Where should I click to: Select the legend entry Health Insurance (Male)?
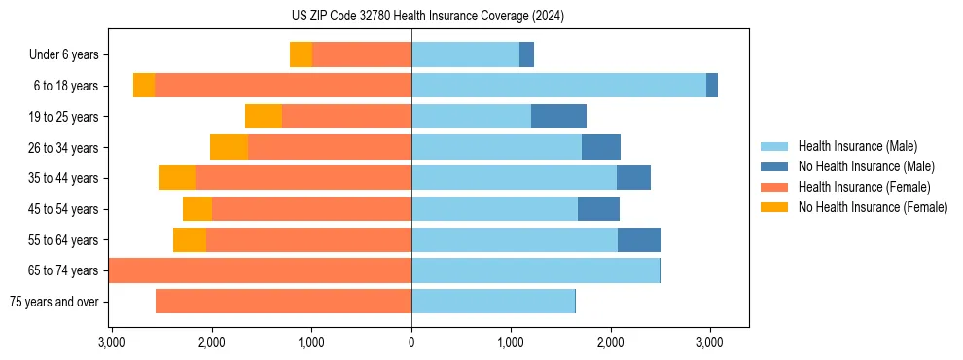[x=857, y=146]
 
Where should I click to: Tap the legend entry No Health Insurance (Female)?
[x=873, y=207]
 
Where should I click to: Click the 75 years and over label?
[x=53, y=302]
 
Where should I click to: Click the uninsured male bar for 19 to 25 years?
[x=558, y=117]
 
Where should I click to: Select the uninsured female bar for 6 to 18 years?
[x=144, y=86]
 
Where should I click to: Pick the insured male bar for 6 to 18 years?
[x=558, y=86]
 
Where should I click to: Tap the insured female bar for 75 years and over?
[x=283, y=302]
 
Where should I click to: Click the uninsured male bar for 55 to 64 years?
[x=639, y=240]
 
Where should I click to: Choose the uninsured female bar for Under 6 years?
[x=301, y=55]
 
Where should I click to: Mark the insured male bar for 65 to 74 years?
[x=535, y=270]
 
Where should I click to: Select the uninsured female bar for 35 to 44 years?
[x=177, y=178]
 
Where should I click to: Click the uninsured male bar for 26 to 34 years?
[x=601, y=148]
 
